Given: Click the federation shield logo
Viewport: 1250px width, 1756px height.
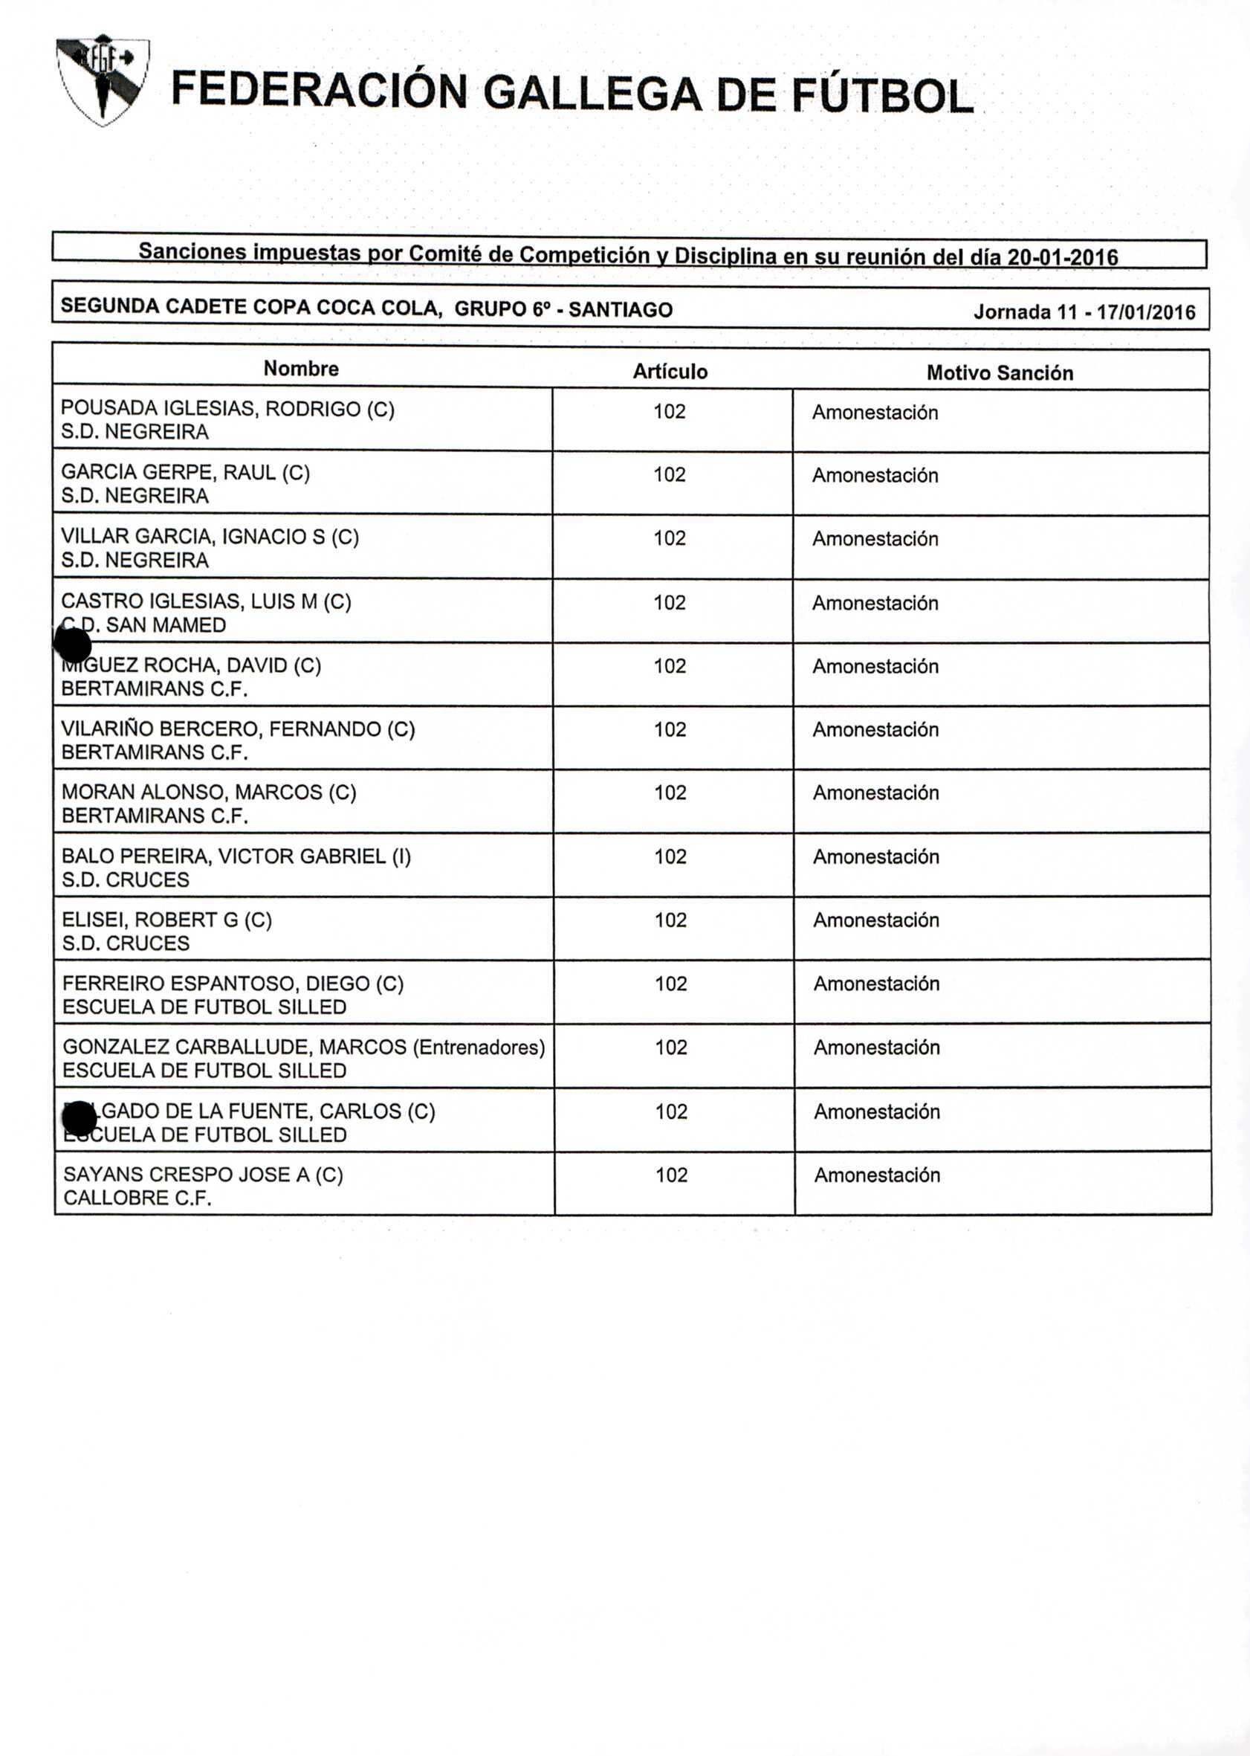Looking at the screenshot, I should pos(103,79).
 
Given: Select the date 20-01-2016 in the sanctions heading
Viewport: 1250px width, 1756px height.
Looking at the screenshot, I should pos(1062,257).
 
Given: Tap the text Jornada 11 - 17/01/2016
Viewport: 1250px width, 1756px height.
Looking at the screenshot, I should pos(1084,312).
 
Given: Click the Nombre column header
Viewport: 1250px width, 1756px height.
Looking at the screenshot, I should pos(301,369).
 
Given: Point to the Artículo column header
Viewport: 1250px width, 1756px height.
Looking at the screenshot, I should pos(670,372).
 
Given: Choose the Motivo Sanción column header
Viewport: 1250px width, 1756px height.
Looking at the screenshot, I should pos(999,373).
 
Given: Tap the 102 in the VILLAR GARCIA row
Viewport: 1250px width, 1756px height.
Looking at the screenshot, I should pos(670,538).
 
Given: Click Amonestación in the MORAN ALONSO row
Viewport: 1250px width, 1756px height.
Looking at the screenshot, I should pos(876,793).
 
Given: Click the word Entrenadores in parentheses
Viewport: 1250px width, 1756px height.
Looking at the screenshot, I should pos(479,1047).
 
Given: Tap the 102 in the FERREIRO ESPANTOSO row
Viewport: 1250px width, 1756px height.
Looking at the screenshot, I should pos(670,984).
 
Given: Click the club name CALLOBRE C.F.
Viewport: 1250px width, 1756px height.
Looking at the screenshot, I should pos(137,1198).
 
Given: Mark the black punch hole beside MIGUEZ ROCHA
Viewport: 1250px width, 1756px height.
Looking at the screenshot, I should pos(73,645).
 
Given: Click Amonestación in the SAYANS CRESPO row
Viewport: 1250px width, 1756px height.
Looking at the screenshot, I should pos(877,1175).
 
